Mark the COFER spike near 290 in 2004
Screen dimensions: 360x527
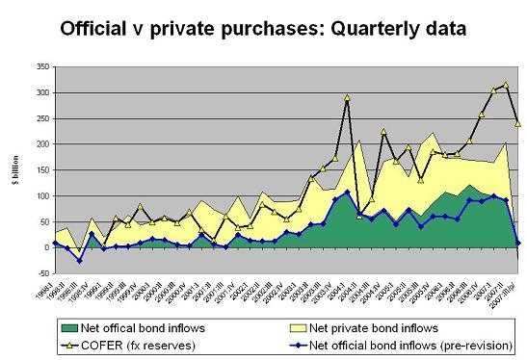347,97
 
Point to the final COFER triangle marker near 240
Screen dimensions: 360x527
517,123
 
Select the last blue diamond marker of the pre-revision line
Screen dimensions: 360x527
517,243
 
